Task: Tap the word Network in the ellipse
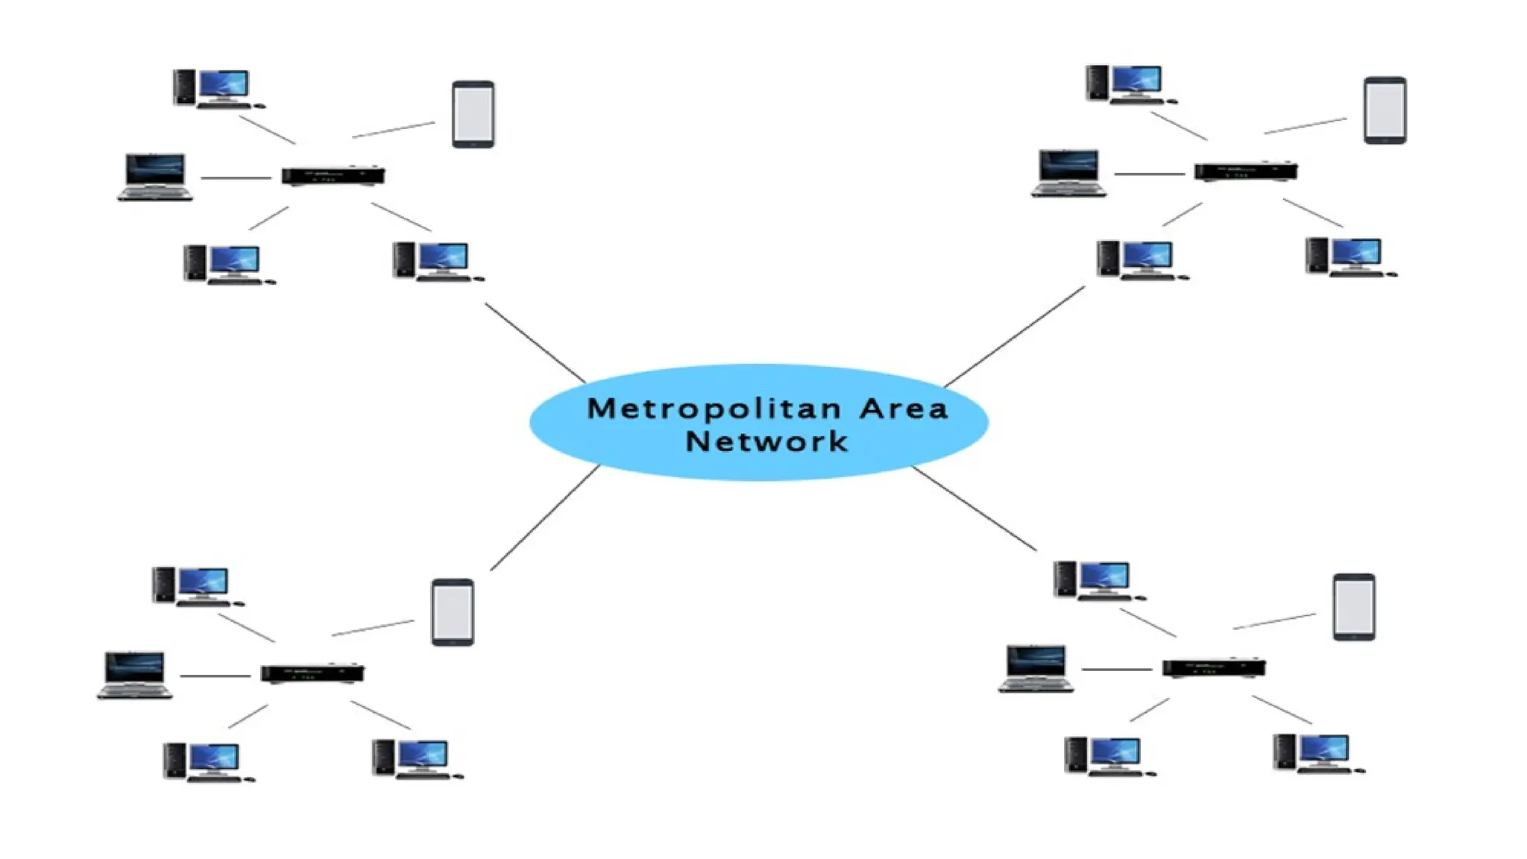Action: point(766,441)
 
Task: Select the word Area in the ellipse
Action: point(904,409)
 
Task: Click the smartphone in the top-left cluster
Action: point(473,114)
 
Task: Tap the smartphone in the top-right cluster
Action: point(1385,110)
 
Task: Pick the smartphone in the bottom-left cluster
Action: point(453,611)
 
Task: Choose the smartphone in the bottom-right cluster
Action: point(1354,606)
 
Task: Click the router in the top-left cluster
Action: point(333,176)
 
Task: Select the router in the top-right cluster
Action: point(1245,172)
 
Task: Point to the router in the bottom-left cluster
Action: point(312,673)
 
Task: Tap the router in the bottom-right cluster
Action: point(1213,667)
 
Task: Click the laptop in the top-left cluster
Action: point(155,177)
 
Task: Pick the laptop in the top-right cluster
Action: point(1068,173)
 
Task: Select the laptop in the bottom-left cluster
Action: point(135,675)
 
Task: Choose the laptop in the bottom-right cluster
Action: point(1036,669)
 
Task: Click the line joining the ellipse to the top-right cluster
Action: point(1015,336)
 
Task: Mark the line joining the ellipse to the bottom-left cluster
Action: point(545,517)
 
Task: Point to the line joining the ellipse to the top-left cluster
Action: point(535,343)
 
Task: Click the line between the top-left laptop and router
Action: point(236,177)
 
